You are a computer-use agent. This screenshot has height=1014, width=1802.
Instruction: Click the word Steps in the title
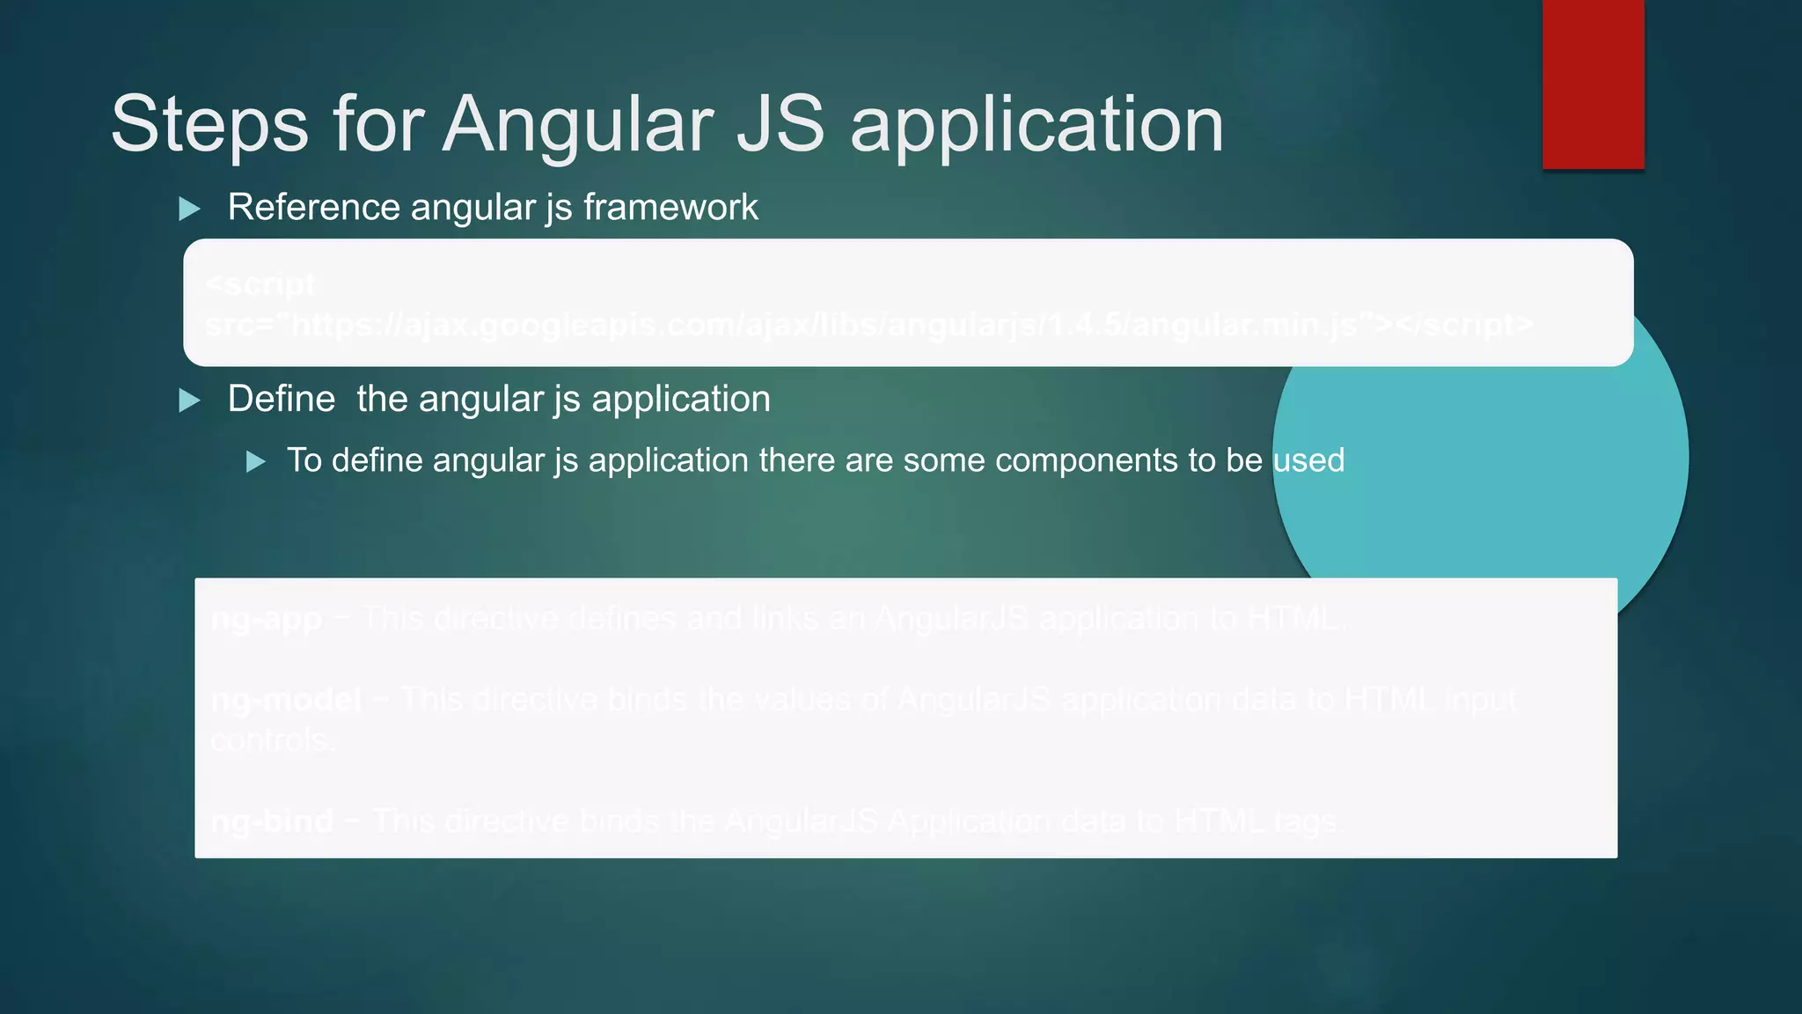point(209,125)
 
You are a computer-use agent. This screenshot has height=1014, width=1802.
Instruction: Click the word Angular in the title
point(576,125)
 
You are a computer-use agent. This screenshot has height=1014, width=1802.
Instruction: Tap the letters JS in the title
point(780,125)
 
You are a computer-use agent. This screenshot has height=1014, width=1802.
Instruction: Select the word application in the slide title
point(1037,125)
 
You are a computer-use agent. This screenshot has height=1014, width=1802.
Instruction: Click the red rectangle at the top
point(1593,84)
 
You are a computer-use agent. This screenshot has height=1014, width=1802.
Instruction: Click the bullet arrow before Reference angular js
point(189,209)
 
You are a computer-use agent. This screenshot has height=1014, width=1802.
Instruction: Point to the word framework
point(670,208)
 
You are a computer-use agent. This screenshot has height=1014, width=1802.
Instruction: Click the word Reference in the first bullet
point(314,208)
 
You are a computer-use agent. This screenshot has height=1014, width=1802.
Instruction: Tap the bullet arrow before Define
point(189,401)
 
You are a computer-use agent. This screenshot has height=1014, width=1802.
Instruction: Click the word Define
point(281,400)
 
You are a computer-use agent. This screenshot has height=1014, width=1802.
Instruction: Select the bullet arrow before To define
point(255,462)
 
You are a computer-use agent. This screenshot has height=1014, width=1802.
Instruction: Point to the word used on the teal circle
point(1308,460)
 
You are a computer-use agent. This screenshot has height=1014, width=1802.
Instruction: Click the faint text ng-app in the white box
point(267,620)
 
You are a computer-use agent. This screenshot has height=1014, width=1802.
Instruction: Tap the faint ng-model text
point(286,700)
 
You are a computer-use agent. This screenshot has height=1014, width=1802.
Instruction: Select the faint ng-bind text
point(272,821)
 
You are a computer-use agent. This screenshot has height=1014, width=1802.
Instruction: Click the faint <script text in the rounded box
point(260,284)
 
